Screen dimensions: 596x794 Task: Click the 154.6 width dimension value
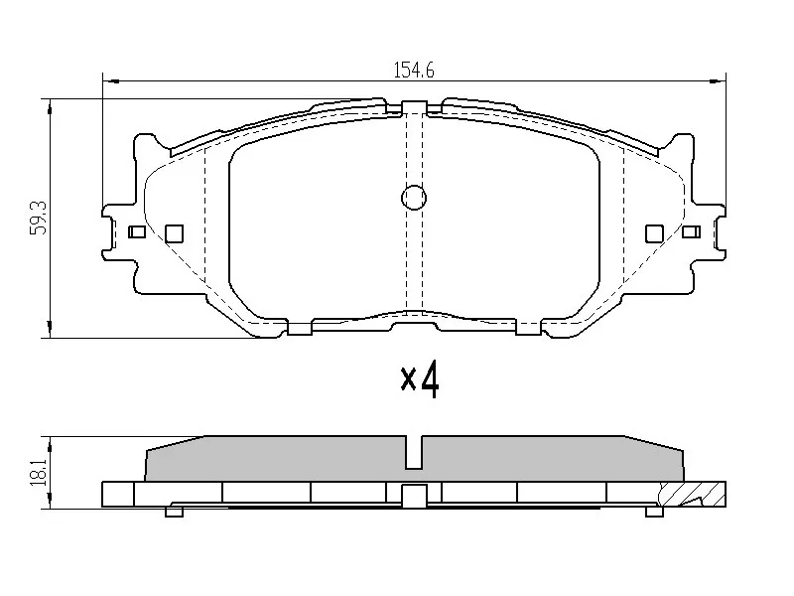(x=416, y=70)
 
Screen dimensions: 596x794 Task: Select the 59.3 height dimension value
(x=37, y=218)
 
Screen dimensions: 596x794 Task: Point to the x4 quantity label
(x=419, y=378)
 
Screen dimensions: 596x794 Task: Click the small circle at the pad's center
(x=414, y=199)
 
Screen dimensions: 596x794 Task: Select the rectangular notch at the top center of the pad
(x=414, y=107)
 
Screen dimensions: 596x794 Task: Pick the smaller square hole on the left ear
(x=138, y=232)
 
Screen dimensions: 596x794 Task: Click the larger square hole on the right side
(x=653, y=232)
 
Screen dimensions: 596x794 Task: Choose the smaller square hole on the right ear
(x=692, y=232)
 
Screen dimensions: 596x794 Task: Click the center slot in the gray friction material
(x=414, y=452)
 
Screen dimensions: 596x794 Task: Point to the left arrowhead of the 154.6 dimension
(x=110, y=79)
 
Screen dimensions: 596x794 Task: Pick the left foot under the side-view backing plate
(x=175, y=512)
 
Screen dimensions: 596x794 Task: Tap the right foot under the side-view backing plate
(x=654, y=512)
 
